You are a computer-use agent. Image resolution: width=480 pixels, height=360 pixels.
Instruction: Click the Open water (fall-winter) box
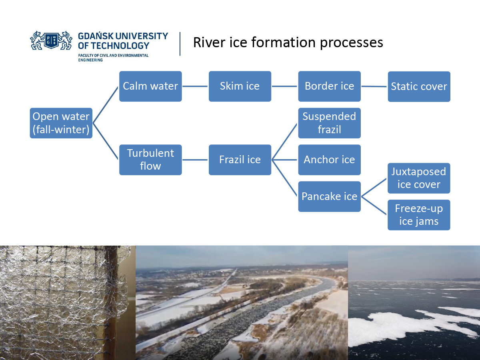[61, 123]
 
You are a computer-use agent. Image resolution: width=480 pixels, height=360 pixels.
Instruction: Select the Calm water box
[150, 86]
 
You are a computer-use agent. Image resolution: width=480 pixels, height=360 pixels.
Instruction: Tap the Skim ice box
[240, 86]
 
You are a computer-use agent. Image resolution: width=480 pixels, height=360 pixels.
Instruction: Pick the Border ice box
[329, 86]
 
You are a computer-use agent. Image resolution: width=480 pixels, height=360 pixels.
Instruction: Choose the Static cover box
[419, 87]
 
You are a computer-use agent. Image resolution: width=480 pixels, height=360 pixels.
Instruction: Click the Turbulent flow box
[150, 160]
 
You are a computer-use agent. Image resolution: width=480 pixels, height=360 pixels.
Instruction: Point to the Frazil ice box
[240, 160]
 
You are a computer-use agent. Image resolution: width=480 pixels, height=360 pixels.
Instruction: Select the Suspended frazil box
[329, 123]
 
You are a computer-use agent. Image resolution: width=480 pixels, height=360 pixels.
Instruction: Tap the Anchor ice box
[329, 160]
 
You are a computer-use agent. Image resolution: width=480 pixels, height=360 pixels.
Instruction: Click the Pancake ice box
[329, 196]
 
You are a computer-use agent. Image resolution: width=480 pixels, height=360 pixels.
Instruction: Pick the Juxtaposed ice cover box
[419, 178]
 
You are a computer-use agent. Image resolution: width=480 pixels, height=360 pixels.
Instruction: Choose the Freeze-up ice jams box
[419, 215]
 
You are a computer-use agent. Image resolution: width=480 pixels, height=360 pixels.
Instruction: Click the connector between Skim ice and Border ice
[284, 86]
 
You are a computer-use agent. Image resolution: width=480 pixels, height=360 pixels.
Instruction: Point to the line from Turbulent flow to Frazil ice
[195, 160]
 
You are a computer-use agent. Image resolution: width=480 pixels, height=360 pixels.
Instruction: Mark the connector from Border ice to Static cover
[374, 86]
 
